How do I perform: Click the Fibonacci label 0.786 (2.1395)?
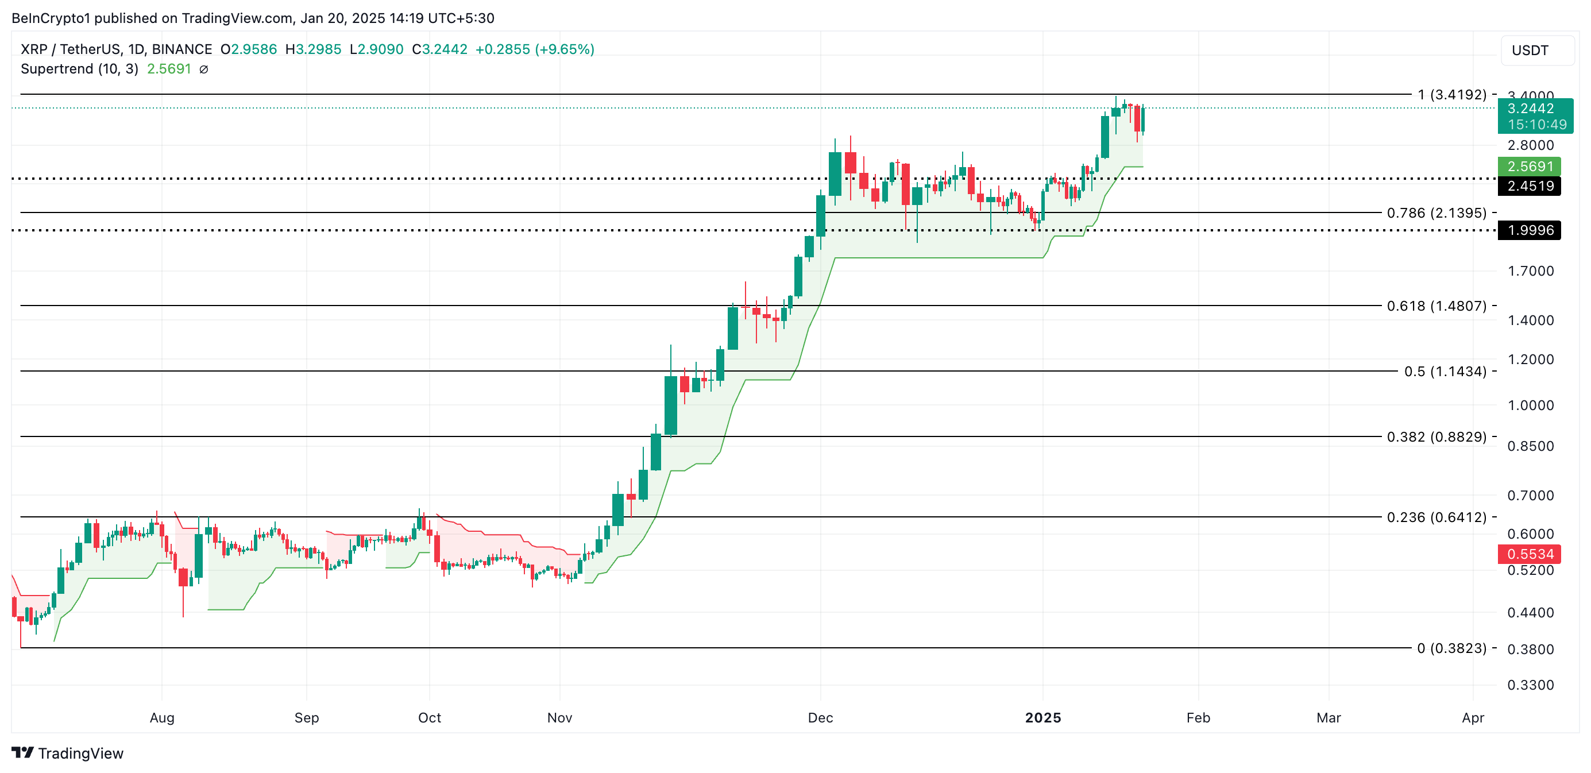(1436, 213)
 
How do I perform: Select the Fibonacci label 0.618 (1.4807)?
(1436, 306)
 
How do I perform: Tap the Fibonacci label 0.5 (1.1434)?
(1445, 371)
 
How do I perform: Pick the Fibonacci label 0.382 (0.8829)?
(1436, 436)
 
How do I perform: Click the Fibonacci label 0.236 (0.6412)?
(1436, 517)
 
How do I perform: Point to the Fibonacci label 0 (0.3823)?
(1451, 648)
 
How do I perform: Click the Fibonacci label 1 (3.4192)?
(1451, 94)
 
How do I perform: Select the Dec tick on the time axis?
(820, 717)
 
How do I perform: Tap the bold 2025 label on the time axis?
(1042, 717)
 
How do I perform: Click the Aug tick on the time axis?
(162, 717)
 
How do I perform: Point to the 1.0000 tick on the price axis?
(1530, 405)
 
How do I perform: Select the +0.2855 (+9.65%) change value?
(534, 49)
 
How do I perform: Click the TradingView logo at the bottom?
(68, 753)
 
